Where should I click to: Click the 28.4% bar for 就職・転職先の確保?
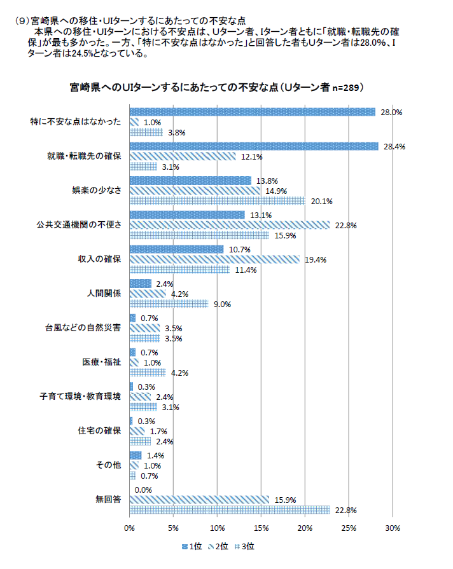(254, 146)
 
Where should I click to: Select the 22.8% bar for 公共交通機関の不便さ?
(230, 225)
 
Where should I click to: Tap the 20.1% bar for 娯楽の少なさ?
(217, 201)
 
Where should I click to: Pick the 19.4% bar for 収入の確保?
(214, 259)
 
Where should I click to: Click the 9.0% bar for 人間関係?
(169, 304)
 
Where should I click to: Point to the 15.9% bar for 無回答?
(199, 499)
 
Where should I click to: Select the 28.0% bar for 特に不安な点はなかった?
(252, 112)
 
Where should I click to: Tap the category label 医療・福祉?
(101, 362)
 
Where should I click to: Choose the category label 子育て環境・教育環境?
(80, 397)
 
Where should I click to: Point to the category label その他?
(108, 465)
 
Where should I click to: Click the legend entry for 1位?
(193, 545)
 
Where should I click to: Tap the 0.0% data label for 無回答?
(143, 490)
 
